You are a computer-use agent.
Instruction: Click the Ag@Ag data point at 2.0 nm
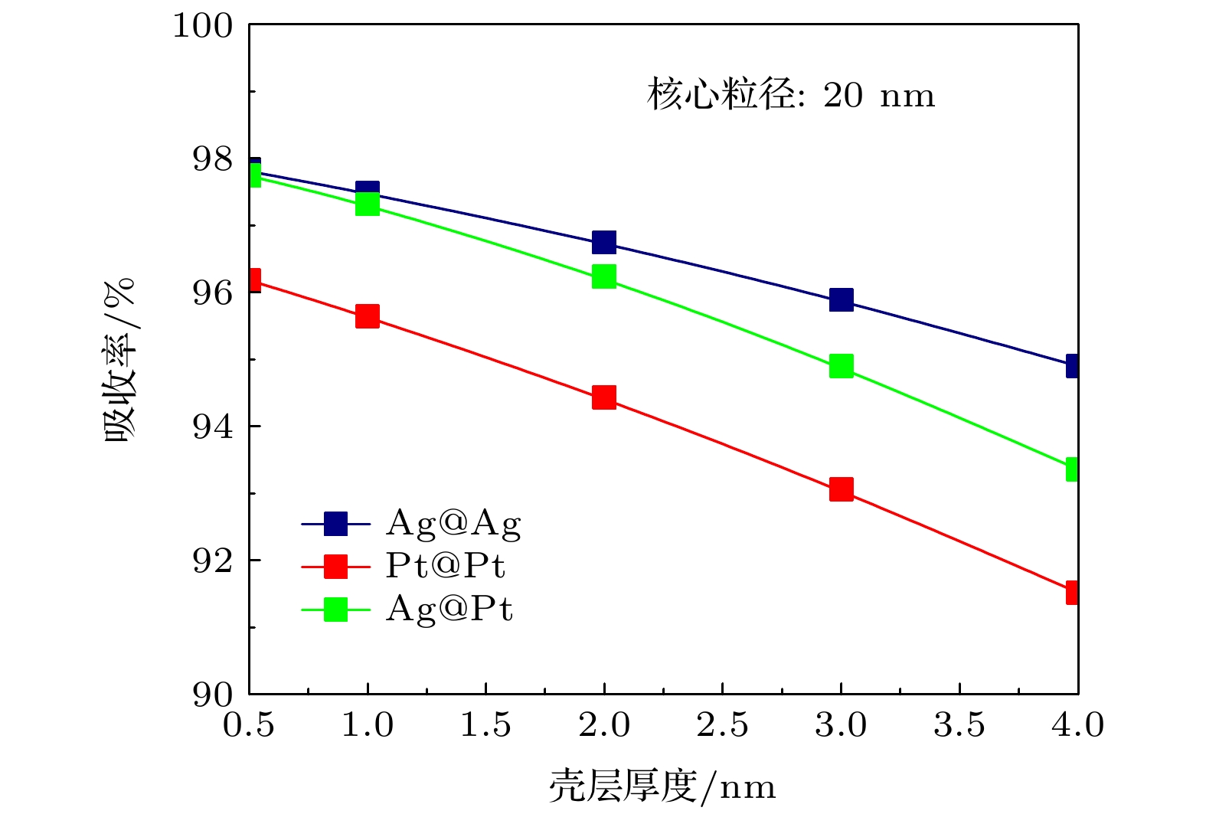click(x=604, y=243)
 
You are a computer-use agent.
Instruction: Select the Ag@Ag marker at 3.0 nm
click(x=841, y=299)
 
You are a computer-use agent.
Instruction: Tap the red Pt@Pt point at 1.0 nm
click(x=368, y=315)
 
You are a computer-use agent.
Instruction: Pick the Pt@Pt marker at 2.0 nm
click(x=604, y=397)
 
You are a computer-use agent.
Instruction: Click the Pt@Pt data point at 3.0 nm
click(x=841, y=489)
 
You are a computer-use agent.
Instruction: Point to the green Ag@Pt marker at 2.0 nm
click(x=604, y=276)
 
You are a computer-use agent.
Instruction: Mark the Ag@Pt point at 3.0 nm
click(x=841, y=366)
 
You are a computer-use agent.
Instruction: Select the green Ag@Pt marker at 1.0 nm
click(x=368, y=204)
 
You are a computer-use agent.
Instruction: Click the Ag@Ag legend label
click(x=453, y=524)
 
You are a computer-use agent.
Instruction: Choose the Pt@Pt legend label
click(x=445, y=566)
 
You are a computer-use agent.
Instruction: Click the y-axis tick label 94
click(x=212, y=427)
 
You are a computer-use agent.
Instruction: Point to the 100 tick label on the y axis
click(x=202, y=25)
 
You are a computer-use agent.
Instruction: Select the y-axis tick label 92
click(x=212, y=561)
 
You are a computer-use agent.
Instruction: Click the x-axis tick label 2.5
click(x=722, y=724)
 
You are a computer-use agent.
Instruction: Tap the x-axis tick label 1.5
click(x=485, y=724)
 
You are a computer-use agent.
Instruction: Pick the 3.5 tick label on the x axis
click(x=959, y=724)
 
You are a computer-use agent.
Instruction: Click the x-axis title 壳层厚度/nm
click(x=662, y=786)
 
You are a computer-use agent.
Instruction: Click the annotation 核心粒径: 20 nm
click(x=791, y=96)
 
